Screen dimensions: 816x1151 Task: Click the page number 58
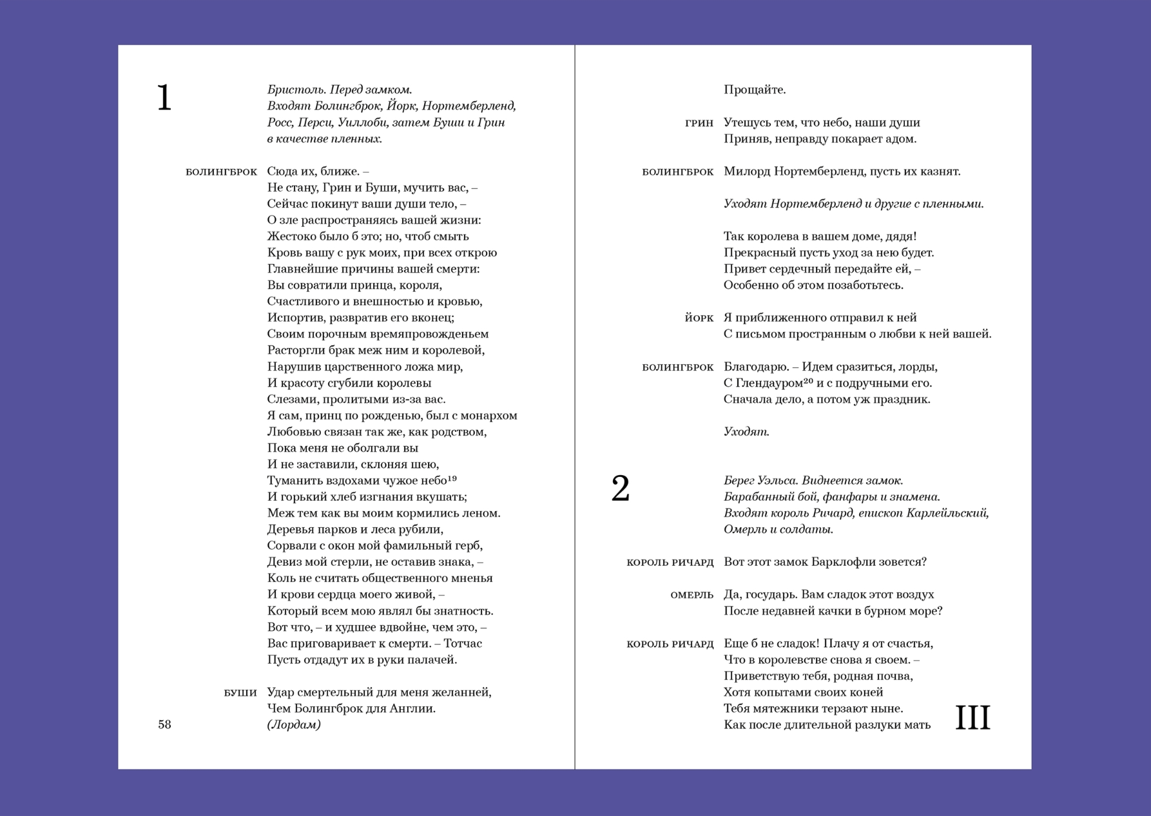tap(164, 724)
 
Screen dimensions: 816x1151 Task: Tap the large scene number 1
tap(164, 99)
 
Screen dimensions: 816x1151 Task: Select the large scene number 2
tap(620, 489)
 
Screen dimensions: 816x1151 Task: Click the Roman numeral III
tap(972, 717)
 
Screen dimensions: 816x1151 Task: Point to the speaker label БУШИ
tap(240, 693)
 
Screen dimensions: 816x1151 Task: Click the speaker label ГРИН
tap(699, 123)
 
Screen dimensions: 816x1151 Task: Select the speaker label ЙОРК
tap(699, 318)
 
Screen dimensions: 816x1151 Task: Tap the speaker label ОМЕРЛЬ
tap(692, 595)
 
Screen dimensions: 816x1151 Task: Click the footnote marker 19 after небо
tap(452, 478)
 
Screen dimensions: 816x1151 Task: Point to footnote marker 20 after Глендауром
tap(808, 381)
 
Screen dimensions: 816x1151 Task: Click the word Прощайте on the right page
tap(754, 90)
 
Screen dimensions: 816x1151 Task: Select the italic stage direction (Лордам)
tap(294, 724)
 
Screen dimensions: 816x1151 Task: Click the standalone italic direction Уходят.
tap(746, 432)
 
